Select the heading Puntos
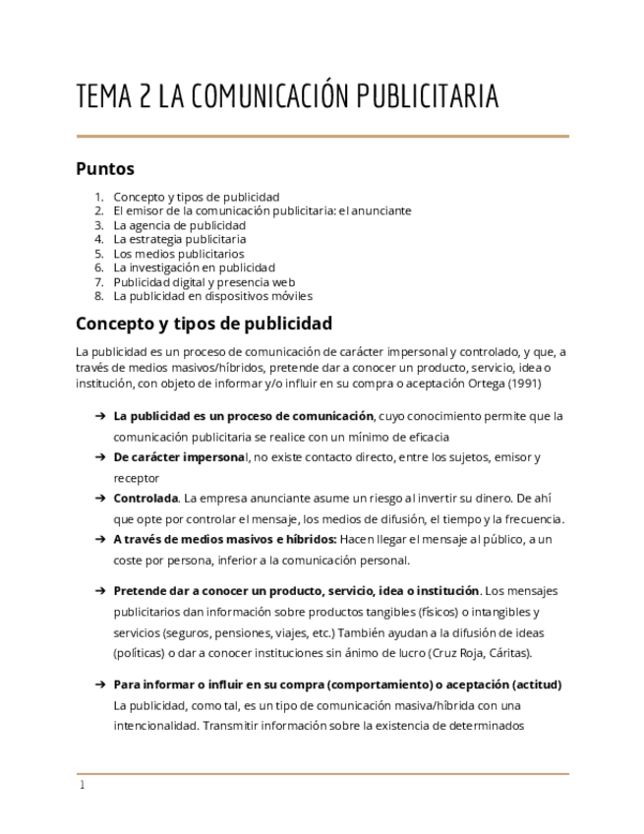(105, 168)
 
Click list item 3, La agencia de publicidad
(179, 225)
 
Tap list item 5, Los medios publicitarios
(179, 254)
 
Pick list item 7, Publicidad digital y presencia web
(204, 281)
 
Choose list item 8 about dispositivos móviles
(212, 296)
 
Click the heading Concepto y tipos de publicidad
(204, 324)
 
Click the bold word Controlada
(146, 499)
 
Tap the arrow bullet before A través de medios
(99, 540)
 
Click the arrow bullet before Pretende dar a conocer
(99, 591)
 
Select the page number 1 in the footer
(82, 786)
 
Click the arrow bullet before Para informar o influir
(99, 685)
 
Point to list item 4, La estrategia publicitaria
(179, 239)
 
